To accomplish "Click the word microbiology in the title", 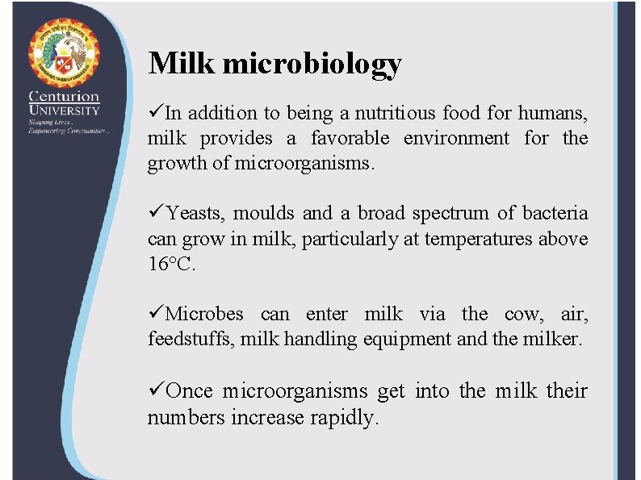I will coord(312,65).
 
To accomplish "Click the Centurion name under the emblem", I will coord(64,97).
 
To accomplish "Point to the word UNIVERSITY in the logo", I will coord(64,110).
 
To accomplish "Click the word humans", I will coord(553,113).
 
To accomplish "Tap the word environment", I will coord(456,138).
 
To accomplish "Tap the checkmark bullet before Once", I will coord(155,391).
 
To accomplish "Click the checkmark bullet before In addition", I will coord(155,113).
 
